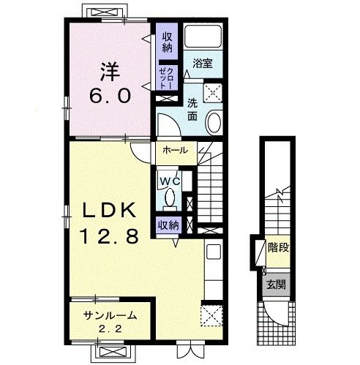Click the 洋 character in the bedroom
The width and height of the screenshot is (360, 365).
110,72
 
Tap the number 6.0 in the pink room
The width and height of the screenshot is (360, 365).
110,96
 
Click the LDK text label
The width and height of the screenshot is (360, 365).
109,210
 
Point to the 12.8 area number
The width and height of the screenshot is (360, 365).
110,236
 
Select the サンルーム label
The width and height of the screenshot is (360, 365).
110,316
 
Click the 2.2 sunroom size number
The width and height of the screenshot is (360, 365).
110,329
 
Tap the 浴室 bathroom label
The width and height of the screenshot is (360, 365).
203,64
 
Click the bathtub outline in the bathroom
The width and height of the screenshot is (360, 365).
203,37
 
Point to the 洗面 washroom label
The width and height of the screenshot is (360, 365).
192,110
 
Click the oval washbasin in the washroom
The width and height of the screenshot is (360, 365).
214,123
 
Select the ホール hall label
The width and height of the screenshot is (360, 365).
176,150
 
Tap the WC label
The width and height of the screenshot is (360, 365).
170,181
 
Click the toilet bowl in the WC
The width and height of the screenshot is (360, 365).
170,197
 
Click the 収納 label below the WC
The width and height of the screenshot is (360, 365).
168,225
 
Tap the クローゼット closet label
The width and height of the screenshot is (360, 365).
166,78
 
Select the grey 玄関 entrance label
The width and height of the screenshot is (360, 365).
276,285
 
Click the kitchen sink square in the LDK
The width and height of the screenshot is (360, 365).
214,252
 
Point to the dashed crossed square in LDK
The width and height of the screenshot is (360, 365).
211,315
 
